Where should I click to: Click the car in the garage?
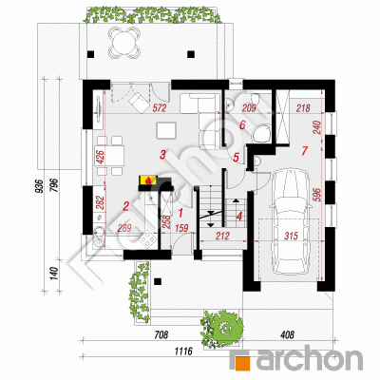[x=290, y=221]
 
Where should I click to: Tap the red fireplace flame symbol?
[x=147, y=180]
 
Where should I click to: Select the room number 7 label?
[x=304, y=151]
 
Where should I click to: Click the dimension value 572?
[x=160, y=108]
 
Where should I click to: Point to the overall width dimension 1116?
[x=184, y=351]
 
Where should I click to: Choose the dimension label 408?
[x=287, y=334]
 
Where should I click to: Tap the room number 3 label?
[x=162, y=155]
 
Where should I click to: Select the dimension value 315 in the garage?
[x=292, y=236]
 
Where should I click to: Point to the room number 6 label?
[x=242, y=125]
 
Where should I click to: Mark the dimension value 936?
[x=39, y=186]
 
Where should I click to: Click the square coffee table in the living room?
[x=166, y=131]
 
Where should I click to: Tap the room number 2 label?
[x=125, y=207]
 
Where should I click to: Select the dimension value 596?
[x=318, y=196]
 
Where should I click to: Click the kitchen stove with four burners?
[x=147, y=239]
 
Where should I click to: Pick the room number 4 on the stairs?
[x=239, y=217]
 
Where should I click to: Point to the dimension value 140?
[x=54, y=274]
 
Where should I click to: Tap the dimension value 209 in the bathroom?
[x=249, y=108]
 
